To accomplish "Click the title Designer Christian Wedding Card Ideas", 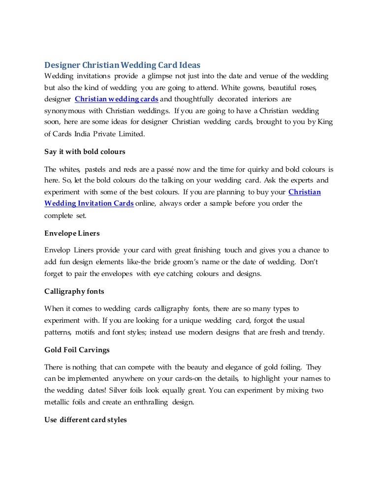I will (x=123, y=65).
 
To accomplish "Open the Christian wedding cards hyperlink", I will (x=116, y=99).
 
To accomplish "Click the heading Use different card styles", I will (x=86, y=421).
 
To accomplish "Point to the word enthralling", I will (x=158, y=401).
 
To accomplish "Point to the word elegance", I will (x=234, y=367).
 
